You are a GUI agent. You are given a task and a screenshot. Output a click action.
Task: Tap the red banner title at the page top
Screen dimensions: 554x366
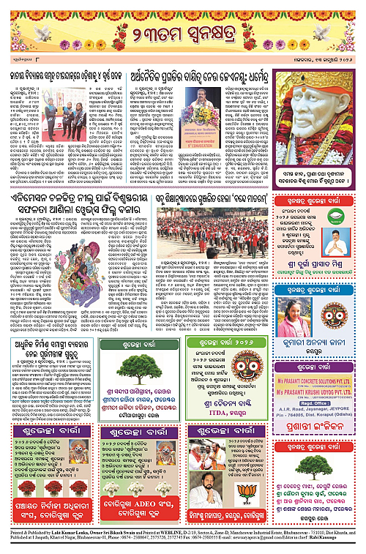click(x=183, y=31)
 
